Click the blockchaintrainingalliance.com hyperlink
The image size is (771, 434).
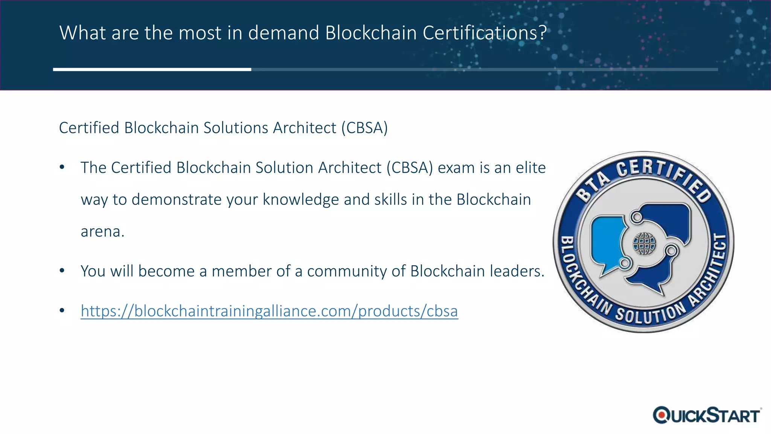point(269,311)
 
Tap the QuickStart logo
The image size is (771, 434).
point(707,415)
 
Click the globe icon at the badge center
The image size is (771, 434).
point(644,243)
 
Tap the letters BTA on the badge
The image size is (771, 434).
point(593,186)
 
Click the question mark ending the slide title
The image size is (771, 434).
point(542,32)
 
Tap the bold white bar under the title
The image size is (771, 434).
point(152,69)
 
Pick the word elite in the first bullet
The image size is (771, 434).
point(531,168)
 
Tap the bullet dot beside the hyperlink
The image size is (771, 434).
point(62,311)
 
